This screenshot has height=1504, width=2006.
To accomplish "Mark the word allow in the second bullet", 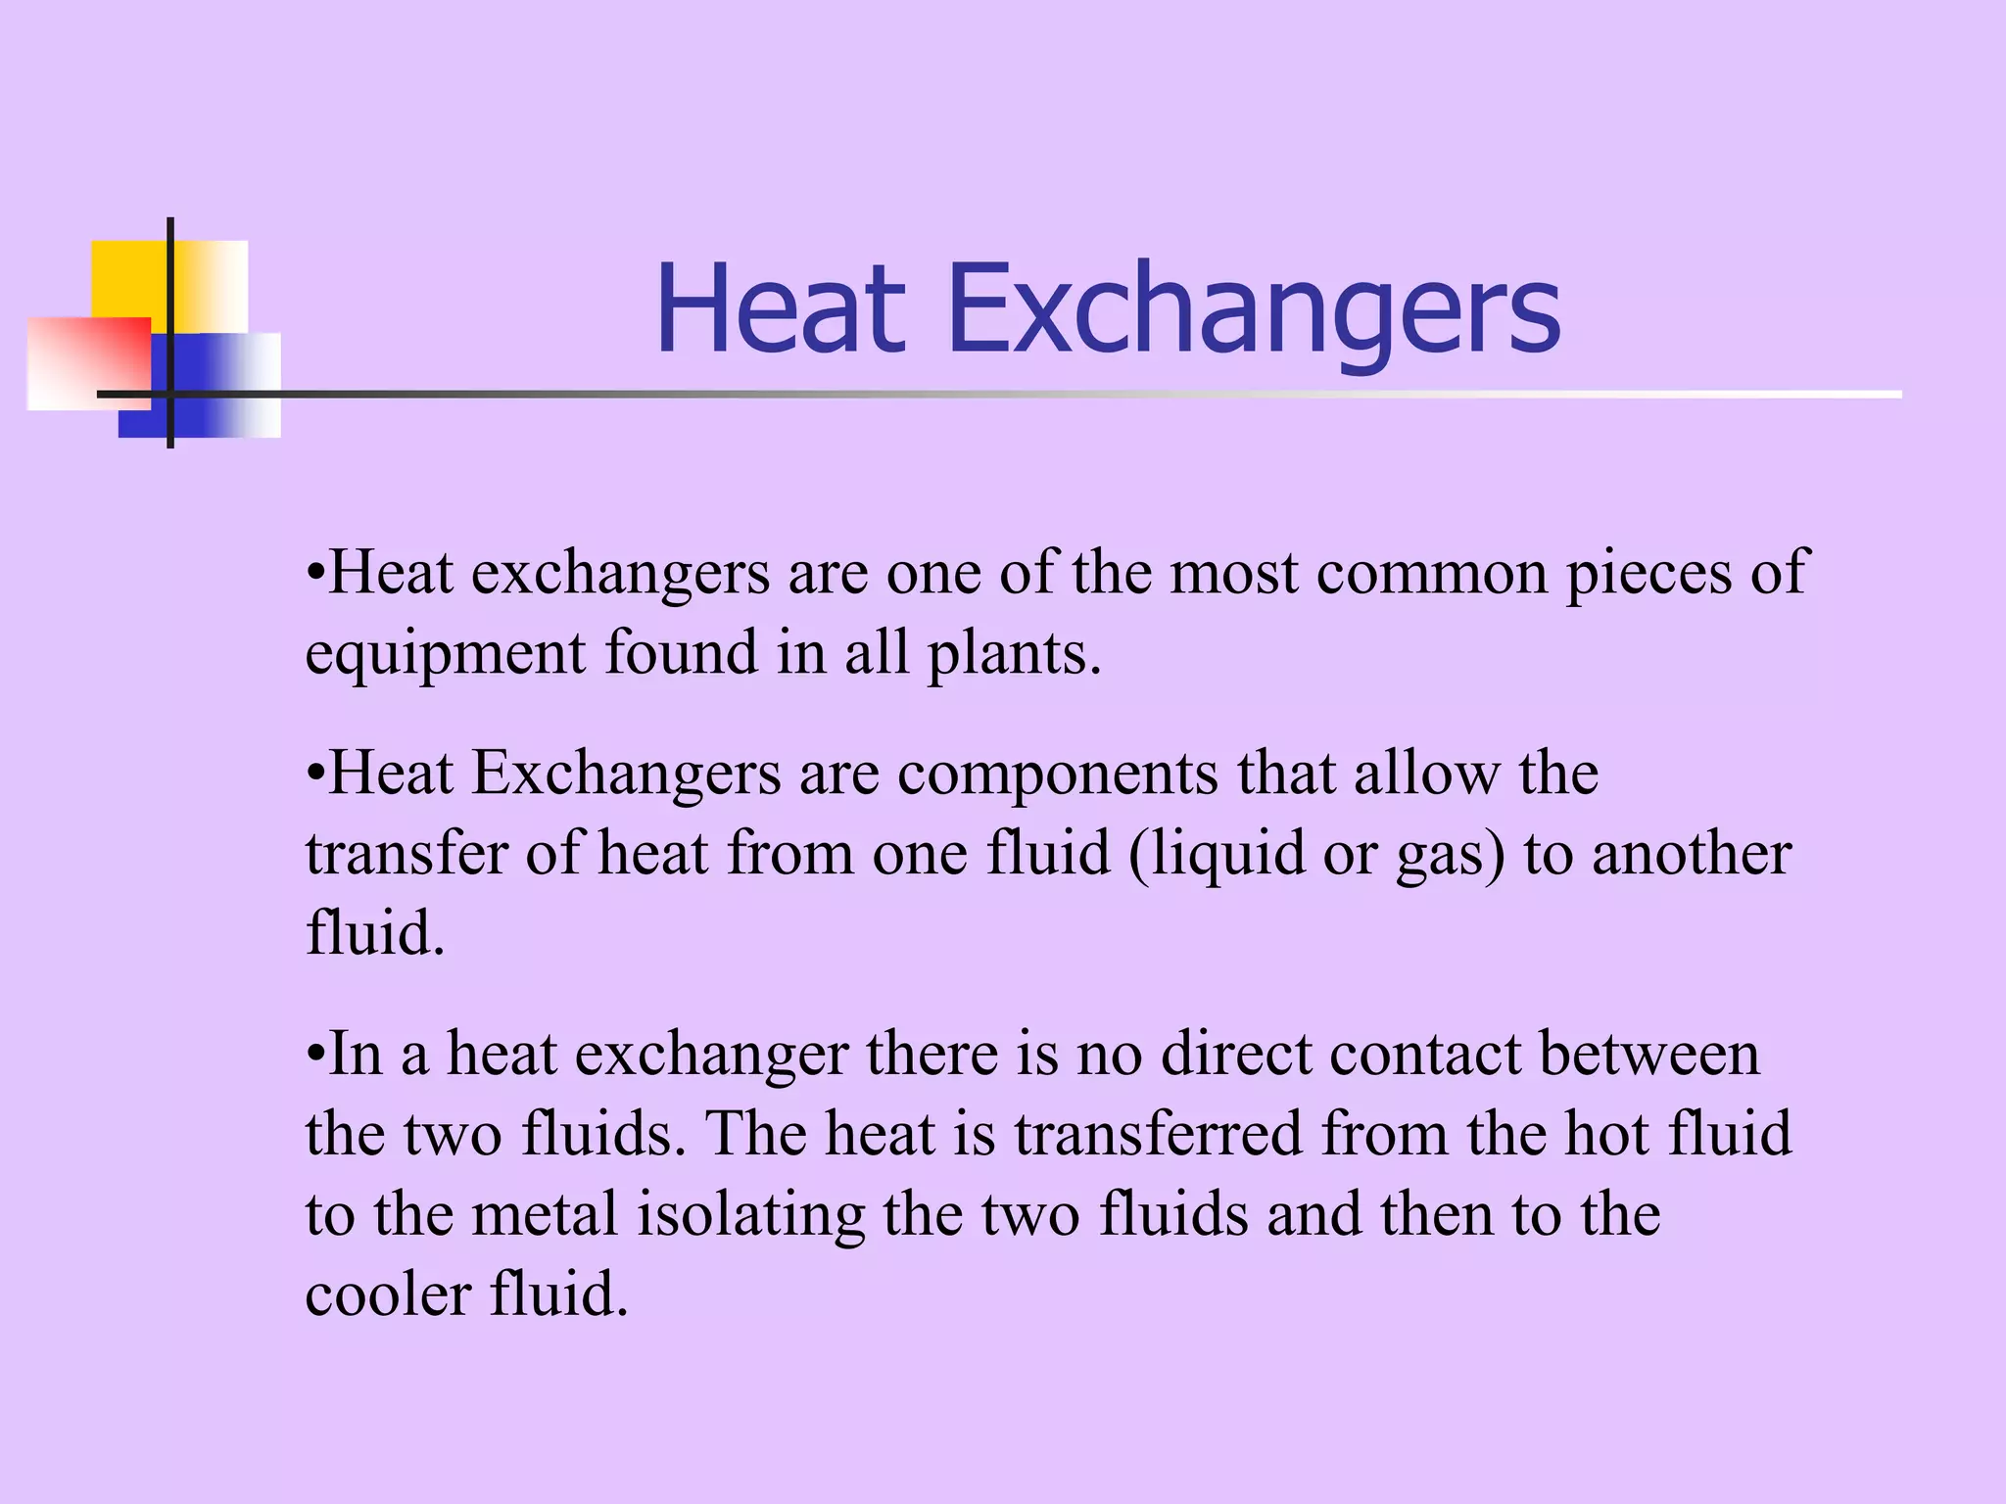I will pos(1426,774).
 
